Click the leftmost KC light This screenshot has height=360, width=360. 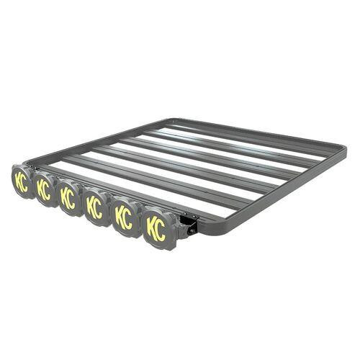coord(21,181)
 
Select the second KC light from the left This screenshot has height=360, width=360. coord(44,190)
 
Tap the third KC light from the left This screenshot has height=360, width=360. coord(68,198)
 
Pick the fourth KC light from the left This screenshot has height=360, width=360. coord(94,207)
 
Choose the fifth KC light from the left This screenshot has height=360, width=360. coord(124,217)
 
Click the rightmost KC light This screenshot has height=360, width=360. coord(156,228)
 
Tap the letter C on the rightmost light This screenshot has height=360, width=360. coord(161,230)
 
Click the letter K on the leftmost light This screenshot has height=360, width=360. coord(17,180)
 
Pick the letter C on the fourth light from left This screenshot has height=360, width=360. coord(99,209)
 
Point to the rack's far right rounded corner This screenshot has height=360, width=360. coord(342,153)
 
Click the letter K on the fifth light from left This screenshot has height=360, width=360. coord(120,216)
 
